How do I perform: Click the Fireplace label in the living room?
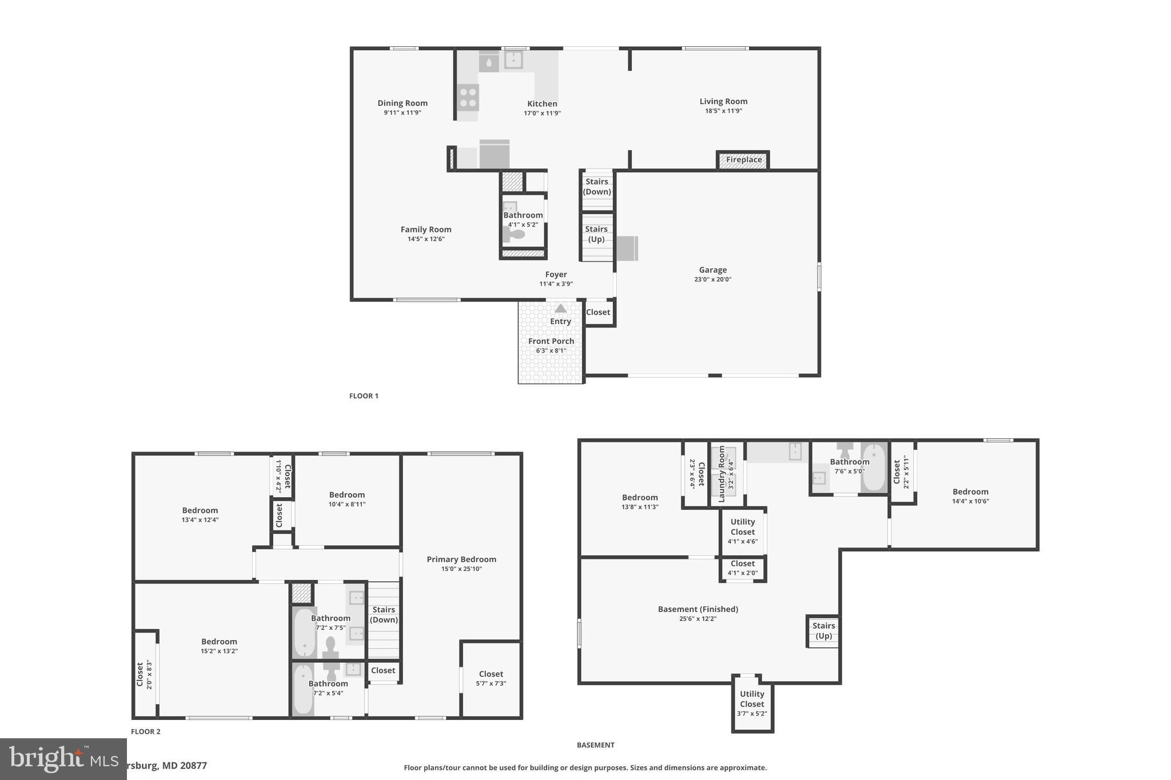743,160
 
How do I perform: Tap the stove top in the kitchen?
468,97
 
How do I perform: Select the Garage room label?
712,270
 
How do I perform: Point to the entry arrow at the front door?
560,309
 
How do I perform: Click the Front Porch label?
551,342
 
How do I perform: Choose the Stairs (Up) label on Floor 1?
596,234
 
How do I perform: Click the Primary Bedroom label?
461,560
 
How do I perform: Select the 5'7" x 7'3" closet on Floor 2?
491,678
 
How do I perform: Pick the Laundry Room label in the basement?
722,474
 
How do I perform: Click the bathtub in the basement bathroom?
873,467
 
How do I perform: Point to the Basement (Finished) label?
698,610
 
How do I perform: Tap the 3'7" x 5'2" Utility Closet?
752,703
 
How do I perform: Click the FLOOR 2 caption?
146,731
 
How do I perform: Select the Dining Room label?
403,103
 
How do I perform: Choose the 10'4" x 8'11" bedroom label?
347,495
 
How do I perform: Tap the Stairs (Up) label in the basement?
823,631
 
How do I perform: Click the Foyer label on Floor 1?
556,275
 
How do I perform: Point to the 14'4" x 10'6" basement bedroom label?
970,492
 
